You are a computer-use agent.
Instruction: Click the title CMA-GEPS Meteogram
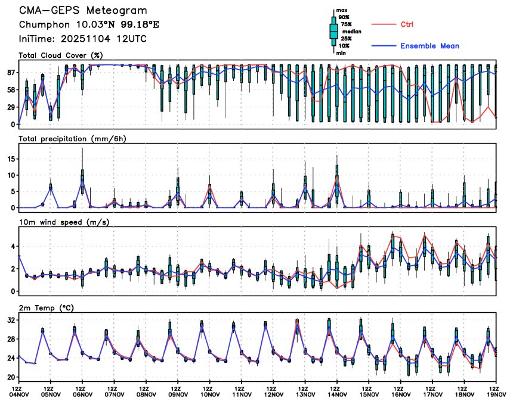coord(82,11)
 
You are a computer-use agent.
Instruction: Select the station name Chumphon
coord(43,25)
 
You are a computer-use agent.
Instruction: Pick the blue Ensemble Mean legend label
coord(429,46)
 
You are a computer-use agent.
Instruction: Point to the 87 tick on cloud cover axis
coord(10,72)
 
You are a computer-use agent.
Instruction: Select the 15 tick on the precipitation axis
coord(11,159)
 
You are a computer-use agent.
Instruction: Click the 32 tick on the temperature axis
coord(11,320)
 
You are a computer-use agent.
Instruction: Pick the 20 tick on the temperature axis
coord(11,377)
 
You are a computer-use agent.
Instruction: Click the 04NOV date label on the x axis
coord(18,393)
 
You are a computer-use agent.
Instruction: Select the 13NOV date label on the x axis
coord(305,393)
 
